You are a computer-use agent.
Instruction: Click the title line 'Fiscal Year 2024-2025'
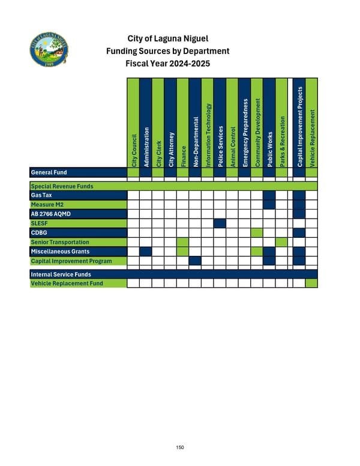click(167, 64)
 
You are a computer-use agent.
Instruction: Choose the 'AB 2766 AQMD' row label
click(49, 214)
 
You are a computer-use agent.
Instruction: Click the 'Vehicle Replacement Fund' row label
click(66, 283)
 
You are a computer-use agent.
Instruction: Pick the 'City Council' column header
click(133, 150)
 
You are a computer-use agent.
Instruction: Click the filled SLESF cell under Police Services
click(220, 223)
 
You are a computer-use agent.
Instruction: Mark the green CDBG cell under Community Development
click(257, 232)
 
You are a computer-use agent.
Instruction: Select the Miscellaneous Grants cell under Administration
click(145, 251)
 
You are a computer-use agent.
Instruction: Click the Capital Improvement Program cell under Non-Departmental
click(194, 260)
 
